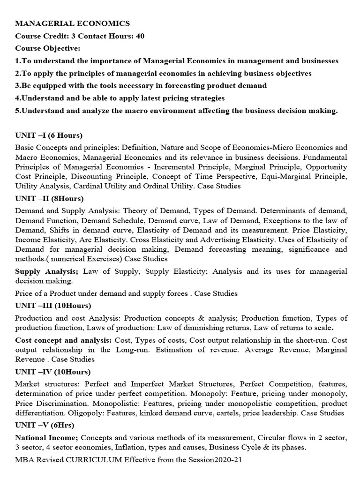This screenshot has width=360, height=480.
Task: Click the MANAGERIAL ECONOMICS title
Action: (x=73, y=23)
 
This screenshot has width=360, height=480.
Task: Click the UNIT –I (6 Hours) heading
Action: (x=48, y=135)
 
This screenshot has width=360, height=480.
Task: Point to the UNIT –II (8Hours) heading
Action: (x=51, y=198)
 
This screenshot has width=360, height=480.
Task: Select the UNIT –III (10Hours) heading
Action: (x=52, y=306)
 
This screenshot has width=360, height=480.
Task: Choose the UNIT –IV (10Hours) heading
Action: (x=52, y=372)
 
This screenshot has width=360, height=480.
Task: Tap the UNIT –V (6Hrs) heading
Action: (x=45, y=425)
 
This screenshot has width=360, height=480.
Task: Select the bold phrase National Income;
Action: (x=45, y=438)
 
